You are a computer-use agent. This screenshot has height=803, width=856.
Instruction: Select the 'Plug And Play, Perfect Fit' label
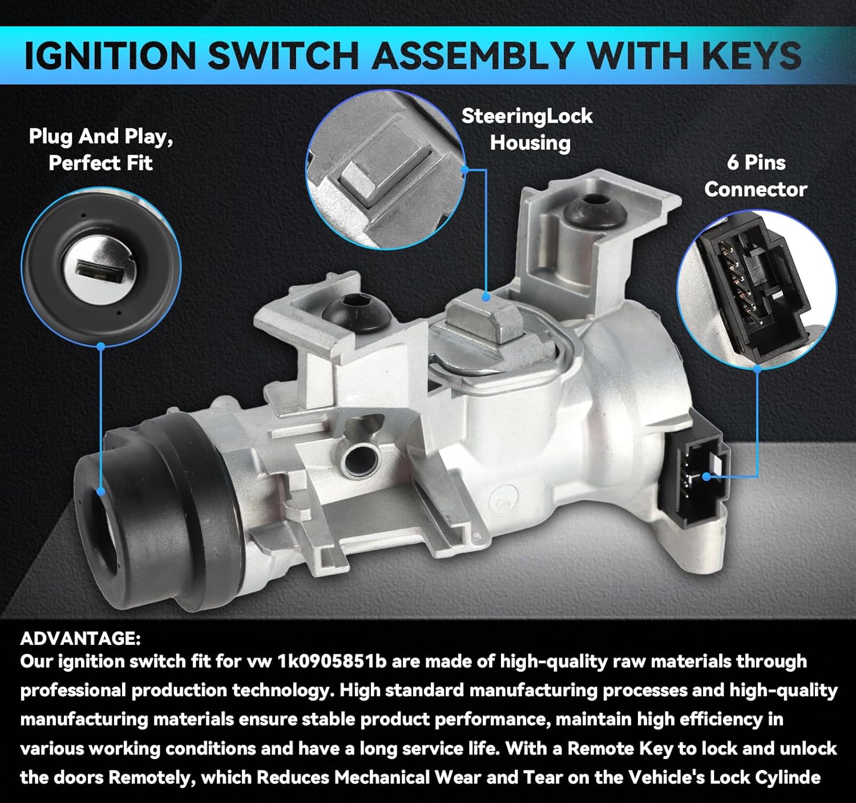(x=100, y=150)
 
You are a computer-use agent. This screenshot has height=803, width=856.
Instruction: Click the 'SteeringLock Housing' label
(x=528, y=129)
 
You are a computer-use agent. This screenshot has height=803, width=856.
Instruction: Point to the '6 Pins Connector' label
(x=756, y=176)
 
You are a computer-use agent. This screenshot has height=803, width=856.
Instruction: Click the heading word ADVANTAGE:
(x=80, y=638)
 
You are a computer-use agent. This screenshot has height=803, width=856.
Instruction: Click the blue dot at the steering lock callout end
(x=486, y=296)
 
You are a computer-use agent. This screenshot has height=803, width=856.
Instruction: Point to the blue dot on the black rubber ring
(x=101, y=491)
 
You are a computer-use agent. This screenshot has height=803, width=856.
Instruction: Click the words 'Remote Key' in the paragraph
(x=620, y=748)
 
